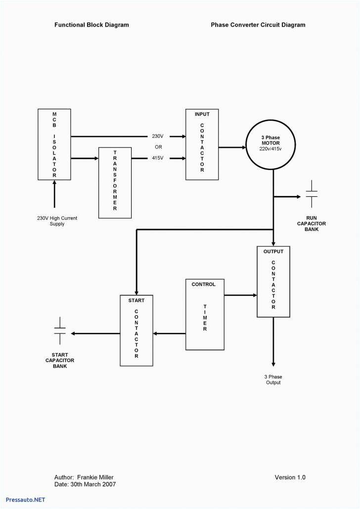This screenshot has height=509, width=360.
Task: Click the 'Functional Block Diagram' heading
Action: pyautogui.click(x=91, y=25)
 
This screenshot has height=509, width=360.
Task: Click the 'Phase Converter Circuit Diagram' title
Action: pyautogui.click(x=258, y=25)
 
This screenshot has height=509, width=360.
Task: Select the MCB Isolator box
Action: pyautogui.click(x=54, y=144)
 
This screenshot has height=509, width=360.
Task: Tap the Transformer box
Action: pyautogui.click(x=115, y=182)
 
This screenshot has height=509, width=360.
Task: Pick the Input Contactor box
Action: pyautogui.click(x=202, y=144)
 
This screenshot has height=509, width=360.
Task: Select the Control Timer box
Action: pyautogui.click(x=204, y=314)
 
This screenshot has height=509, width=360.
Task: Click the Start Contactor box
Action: pyautogui.click(x=136, y=330)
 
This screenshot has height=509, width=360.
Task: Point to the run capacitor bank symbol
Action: pyautogui.click(x=312, y=194)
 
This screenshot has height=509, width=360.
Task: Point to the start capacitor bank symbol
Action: pyautogui.click(x=60, y=331)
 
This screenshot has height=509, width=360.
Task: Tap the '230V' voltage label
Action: pyautogui.click(x=158, y=136)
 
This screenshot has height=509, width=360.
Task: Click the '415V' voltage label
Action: pyautogui.click(x=158, y=158)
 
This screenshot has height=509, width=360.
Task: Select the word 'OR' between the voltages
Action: pyautogui.click(x=158, y=147)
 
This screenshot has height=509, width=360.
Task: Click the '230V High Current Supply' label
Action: pyautogui.click(x=57, y=221)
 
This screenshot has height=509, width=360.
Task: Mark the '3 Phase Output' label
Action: pyautogui.click(x=273, y=379)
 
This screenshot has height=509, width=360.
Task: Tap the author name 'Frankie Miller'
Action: pyautogui.click(x=95, y=477)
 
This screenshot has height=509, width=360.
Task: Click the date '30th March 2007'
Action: pyautogui.click(x=93, y=484)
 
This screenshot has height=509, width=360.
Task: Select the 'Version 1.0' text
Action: pyautogui.click(x=290, y=477)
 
